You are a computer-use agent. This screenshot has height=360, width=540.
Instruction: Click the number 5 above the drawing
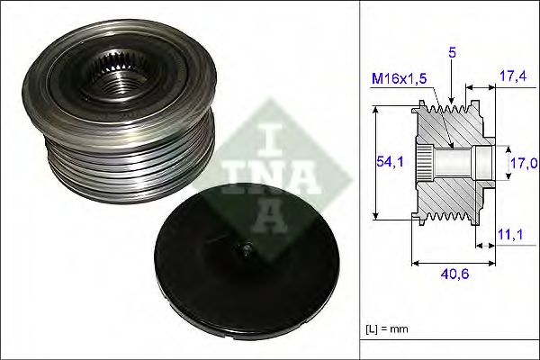click(453, 53)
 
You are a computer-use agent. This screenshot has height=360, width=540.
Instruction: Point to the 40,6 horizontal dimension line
click(453, 264)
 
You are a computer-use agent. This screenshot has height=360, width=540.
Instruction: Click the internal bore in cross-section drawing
click(459, 163)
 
